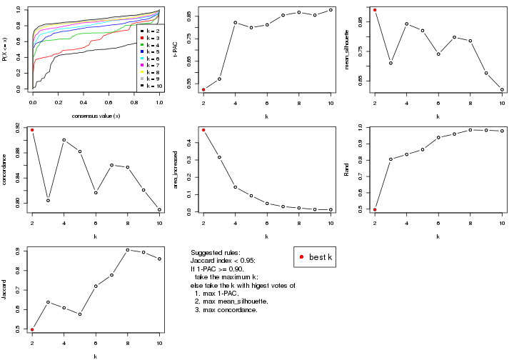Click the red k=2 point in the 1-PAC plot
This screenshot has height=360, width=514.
click(203, 89)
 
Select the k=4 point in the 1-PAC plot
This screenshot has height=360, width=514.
click(236, 22)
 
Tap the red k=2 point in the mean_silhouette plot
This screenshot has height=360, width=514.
click(375, 10)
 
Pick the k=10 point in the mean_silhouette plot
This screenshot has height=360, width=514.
click(502, 89)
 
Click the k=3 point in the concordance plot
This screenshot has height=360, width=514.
click(49, 201)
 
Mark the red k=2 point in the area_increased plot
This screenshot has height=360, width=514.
click(203, 130)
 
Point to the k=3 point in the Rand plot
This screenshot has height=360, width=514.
click(390, 159)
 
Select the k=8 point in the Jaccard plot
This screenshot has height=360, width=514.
click(128, 250)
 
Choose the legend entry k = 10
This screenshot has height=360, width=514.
click(150, 85)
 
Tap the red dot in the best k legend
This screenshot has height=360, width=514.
click(302, 257)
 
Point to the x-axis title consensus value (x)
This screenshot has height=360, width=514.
click(96, 116)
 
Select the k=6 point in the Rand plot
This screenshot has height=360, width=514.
click(438, 137)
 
